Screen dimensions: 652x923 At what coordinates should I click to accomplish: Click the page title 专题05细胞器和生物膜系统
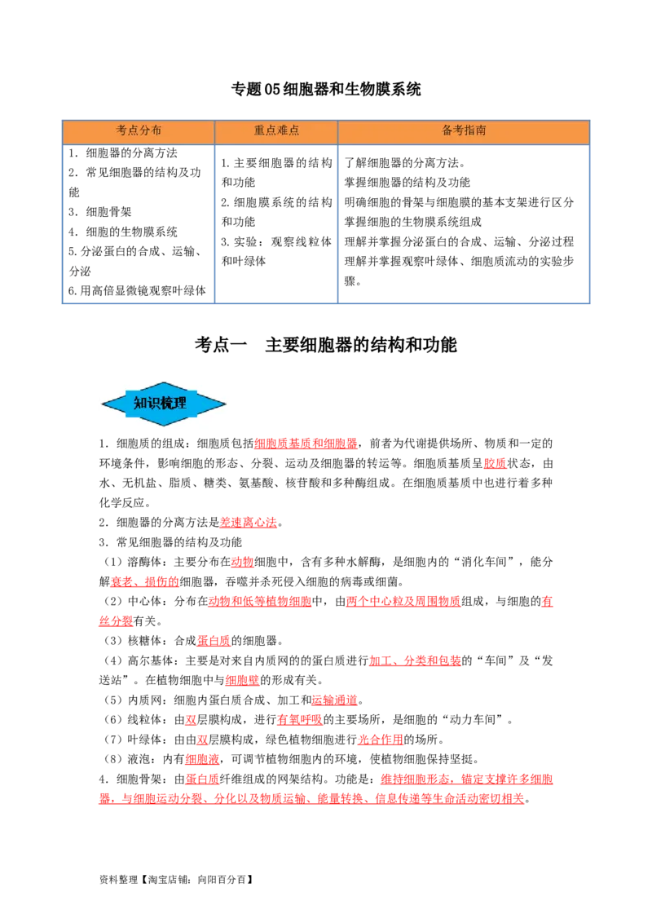pos(326,90)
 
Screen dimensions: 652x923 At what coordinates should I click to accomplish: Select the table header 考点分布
pos(139,130)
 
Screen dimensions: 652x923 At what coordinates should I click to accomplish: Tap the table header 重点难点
pos(276,130)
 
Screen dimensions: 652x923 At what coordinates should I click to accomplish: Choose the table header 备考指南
pos(464,130)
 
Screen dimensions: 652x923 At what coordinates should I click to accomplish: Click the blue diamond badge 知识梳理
pos(164,404)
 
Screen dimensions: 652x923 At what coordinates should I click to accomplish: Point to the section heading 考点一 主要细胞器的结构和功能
pos(326,345)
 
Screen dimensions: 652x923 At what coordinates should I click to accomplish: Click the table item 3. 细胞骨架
pos(99,212)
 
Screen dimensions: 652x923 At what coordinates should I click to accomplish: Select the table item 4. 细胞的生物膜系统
pos(122,232)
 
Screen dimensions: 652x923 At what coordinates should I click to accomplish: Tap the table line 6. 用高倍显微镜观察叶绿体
pos(137,291)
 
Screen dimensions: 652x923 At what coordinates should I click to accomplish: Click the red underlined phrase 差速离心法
pos(249,523)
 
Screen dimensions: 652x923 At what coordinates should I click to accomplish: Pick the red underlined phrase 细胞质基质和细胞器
pos(306,444)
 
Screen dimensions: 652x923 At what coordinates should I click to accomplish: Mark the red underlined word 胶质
pos(495,463)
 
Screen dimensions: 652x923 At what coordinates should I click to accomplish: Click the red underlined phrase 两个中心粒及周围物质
pos(403,602)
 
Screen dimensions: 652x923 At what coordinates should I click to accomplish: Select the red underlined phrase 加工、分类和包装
pos(415,660)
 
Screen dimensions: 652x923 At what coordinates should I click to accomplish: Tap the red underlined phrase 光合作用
pos(380,740)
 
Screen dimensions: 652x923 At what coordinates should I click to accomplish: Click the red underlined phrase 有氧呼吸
pos(300,720)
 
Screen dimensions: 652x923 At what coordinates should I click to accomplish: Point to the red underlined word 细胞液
pos(202,759)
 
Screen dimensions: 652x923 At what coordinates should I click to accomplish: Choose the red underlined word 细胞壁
pos(242,681)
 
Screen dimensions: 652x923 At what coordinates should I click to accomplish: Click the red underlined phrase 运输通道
pos(334,700)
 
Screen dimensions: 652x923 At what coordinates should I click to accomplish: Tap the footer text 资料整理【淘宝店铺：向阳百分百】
pos(177,880)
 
